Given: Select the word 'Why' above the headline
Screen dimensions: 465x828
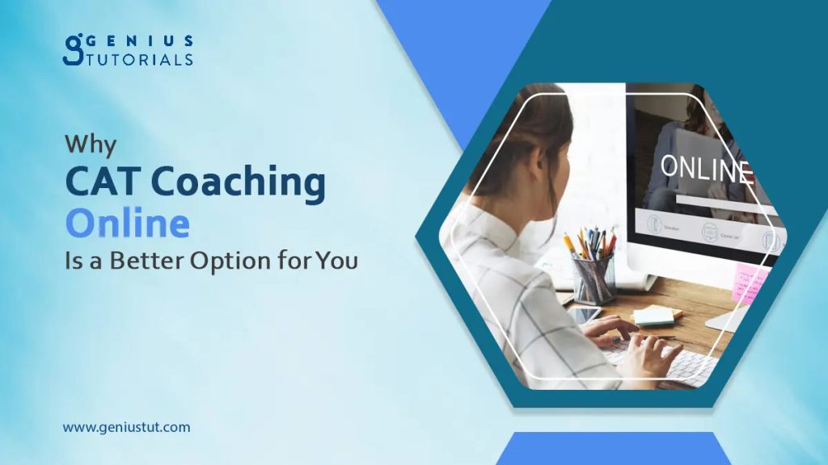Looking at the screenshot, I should tap(91, 145).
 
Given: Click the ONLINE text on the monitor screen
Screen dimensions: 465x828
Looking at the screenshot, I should tap(706, 168).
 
